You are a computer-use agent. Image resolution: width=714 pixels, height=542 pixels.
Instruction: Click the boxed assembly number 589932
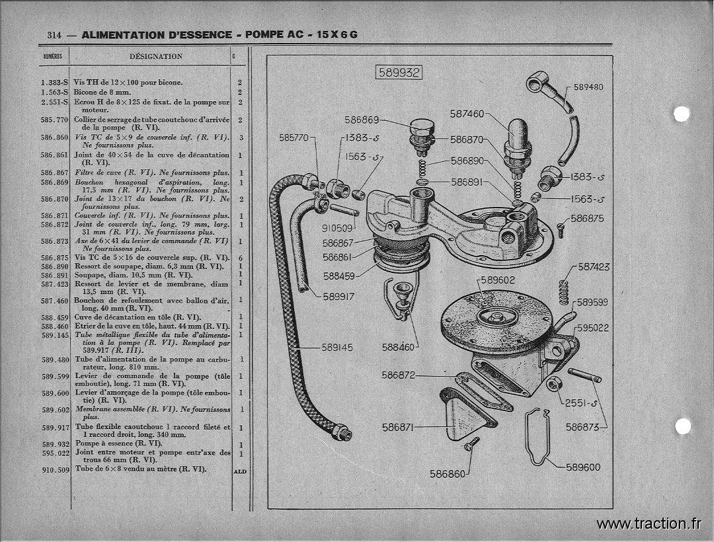click(399, 73)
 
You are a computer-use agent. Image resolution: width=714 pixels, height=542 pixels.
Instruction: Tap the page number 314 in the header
click(54, 35)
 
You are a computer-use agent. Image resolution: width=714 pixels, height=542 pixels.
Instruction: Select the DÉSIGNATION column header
click(156, 56)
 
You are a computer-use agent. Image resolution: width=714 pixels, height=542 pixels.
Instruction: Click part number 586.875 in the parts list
click(54, 258)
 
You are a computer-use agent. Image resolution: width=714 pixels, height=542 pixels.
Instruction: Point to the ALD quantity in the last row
click(240, 471)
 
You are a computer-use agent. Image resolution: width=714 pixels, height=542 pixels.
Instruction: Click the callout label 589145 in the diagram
click(337, 348)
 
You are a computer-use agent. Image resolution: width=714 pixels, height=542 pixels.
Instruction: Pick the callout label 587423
click(594, 267)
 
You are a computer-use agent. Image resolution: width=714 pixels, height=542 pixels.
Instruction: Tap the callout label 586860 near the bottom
click(448, 474)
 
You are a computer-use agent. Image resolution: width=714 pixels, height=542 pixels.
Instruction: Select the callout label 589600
click(583, 467)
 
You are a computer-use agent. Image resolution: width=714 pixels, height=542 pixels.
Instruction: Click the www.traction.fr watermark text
click(649, 524)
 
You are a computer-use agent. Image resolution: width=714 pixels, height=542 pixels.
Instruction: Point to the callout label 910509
click(337, 229)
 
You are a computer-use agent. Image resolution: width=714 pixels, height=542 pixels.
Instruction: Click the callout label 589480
click(588, 87)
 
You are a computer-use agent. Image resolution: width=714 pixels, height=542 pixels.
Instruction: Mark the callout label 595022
click(593, 328)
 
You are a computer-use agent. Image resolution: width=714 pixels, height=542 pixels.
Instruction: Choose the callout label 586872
click(399, 375)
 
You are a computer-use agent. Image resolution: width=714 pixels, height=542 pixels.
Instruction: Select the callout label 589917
click(338, 297)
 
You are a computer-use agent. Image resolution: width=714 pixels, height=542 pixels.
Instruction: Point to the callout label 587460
click(467, 114)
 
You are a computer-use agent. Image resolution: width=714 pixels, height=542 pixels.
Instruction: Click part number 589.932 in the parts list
click(56, 444)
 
